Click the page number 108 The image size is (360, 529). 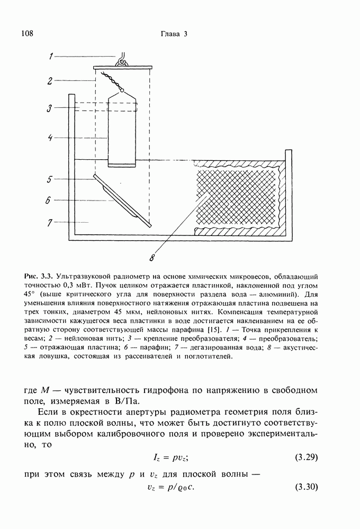[27, 34]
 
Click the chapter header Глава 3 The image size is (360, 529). [174, 34]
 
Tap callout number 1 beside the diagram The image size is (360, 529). [51, 56]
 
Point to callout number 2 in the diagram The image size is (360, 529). [49, 81]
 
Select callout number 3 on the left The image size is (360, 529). [49, 108]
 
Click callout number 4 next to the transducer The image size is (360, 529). [49, 138]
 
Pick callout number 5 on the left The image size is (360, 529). [49, 179]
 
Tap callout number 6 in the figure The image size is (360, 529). [49, 200]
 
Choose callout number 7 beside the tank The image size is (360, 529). [49, 223]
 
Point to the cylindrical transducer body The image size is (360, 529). [122, 130]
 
